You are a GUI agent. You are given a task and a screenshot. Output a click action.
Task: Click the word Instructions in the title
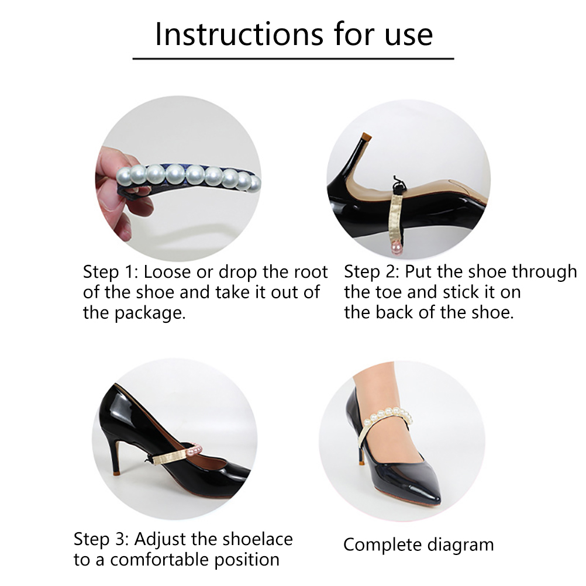click(x=240, y=34)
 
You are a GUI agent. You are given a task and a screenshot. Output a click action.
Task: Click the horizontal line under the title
click(x=293, y=58)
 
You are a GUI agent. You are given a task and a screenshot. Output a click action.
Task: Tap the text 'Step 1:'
click(x=111, y=272)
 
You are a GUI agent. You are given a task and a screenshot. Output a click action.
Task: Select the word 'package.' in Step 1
click(x=150, y=313)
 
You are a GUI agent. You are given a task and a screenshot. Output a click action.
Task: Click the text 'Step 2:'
click(x=372, y=272)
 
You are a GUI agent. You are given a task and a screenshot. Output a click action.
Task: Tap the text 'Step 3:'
click(x=101, y=539)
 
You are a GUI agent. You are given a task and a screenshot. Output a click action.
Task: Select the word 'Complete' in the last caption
click(x=382, y=545)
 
